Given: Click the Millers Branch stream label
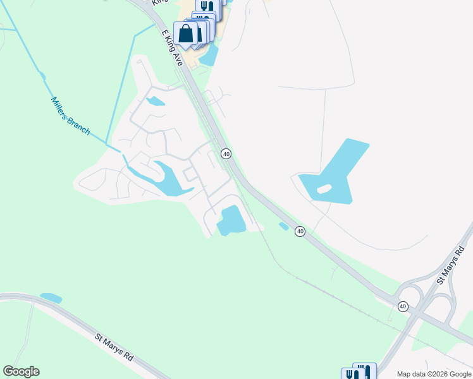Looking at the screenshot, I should (x=70, y=116).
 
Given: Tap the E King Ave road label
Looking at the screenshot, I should (x=171, y=47).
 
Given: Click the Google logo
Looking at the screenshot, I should (x=21, y=371).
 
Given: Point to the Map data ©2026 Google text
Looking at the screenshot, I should (x=434, y=374).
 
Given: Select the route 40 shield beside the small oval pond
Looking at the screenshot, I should (x=300, y=232).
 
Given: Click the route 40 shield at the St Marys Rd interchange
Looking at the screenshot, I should (x=403, y=306).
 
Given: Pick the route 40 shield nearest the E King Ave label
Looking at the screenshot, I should (x=226, y=153).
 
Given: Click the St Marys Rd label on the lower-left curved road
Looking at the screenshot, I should (x=114, y=347).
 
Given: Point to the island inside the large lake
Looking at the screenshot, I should (x=324, y=188).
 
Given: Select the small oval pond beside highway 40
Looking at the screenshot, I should (x=284, y=226).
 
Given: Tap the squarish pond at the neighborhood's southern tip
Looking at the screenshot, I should (x=231, y=220).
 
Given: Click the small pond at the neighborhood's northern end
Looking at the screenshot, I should (x=155, y=101).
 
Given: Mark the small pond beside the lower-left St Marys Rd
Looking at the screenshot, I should (x=51, y=298).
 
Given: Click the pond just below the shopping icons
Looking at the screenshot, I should (x=210, y=56).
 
